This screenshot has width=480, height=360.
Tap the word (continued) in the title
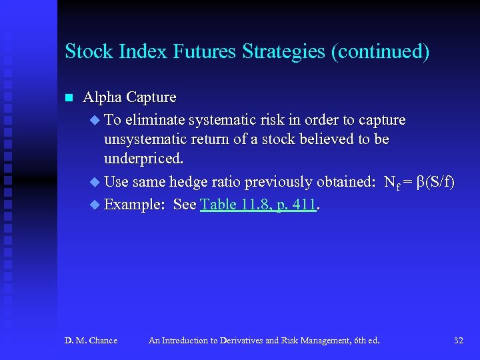[x=380, y=51]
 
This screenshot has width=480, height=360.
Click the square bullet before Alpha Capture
[x=68, y=98]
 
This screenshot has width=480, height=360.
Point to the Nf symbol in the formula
[x=392, y=183]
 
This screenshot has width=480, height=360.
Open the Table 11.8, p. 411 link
[x=258, y=204]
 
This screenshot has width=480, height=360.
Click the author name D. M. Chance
[x=91, y=341]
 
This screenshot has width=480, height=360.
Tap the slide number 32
[x=458, y=341]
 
